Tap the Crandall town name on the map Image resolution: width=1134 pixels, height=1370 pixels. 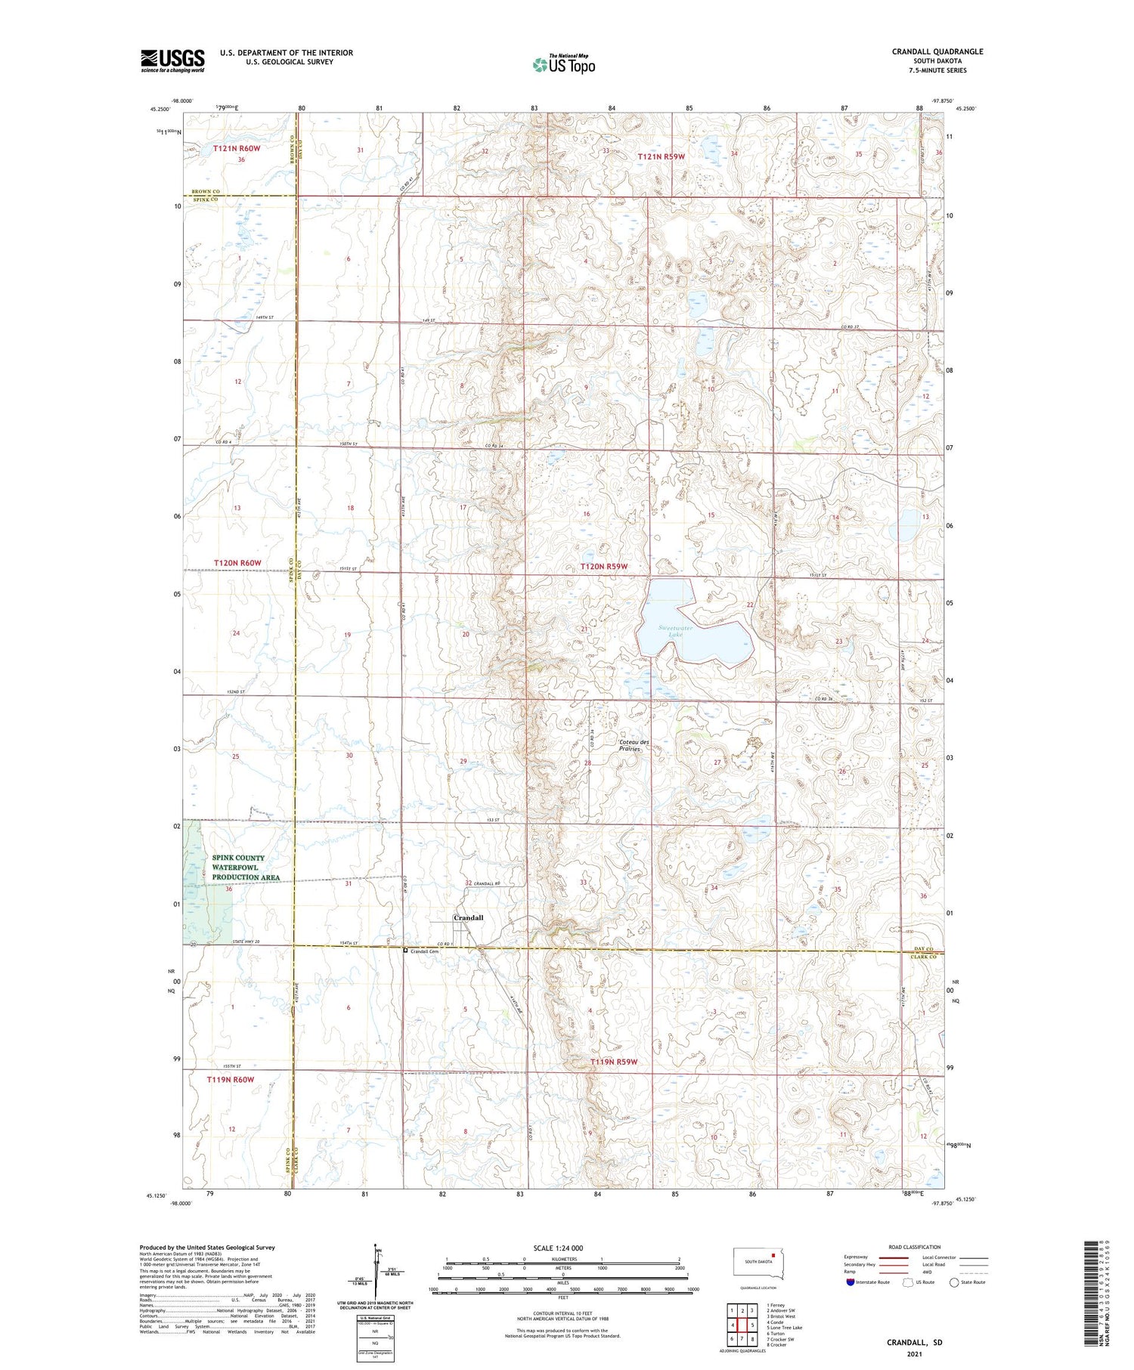468,917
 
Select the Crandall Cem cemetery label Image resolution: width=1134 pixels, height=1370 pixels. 424,951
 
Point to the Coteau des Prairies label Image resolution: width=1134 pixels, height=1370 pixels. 634,745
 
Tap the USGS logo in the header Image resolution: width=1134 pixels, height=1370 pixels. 172,60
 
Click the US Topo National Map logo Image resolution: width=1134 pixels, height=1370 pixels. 563,64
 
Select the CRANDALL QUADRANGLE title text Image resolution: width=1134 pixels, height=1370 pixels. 937,51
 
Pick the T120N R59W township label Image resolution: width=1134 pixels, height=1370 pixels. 603,566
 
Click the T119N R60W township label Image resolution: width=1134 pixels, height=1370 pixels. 231,1080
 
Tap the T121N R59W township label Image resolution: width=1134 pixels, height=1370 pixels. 661,156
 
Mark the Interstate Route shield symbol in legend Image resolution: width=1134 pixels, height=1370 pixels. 850,1282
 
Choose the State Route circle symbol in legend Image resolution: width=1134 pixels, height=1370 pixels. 954,1282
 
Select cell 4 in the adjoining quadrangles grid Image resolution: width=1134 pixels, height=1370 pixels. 733,1325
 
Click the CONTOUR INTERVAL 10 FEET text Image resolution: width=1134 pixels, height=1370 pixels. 562,1314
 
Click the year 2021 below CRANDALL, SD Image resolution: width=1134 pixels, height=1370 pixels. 915,1353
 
